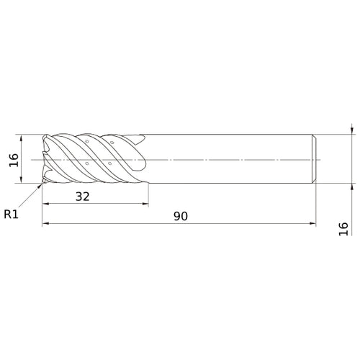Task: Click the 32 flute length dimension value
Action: click(x=83, y=197)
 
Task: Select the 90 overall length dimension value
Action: click(x=181, y=216)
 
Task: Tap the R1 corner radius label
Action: click(x=11, y=214)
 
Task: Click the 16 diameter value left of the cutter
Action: click(x=14, y=160)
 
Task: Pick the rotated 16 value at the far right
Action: click(x=343, y=229)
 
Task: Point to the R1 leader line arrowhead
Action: click(x=40, y=186)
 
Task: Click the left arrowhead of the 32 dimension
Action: click(x=45, y=204)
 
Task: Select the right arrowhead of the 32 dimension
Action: click(x=145, y=204)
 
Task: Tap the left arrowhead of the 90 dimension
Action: click(x=45, y=223)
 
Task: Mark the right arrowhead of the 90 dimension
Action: click(x=312, y=223)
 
